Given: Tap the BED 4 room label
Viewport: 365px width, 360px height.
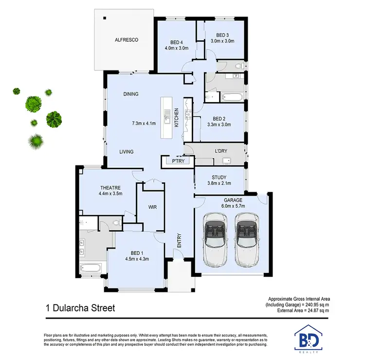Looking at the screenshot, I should (176, 41).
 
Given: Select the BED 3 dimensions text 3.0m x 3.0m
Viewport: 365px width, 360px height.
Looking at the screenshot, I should (222, 41).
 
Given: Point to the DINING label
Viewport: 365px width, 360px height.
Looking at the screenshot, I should (131, 94).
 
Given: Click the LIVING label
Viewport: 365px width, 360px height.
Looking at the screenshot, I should (127, 152).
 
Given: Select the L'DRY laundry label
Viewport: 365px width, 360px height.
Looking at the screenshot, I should (221, 151).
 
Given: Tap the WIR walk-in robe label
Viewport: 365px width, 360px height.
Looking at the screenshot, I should (151, 207).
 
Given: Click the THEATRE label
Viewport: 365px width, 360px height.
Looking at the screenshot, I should (110, 187).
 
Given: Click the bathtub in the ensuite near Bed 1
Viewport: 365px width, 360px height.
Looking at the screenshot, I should (90, 268).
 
